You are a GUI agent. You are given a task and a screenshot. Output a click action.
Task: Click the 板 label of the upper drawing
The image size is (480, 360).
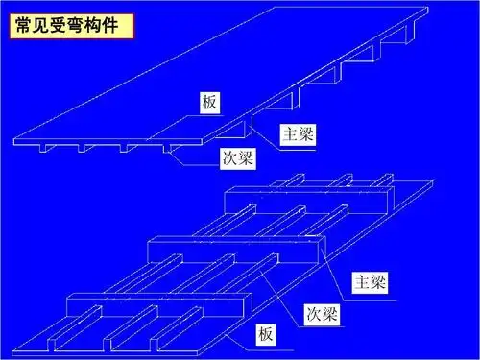tap(211, 103)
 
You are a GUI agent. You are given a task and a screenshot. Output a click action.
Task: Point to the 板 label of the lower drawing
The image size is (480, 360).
tap(265, 335)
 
